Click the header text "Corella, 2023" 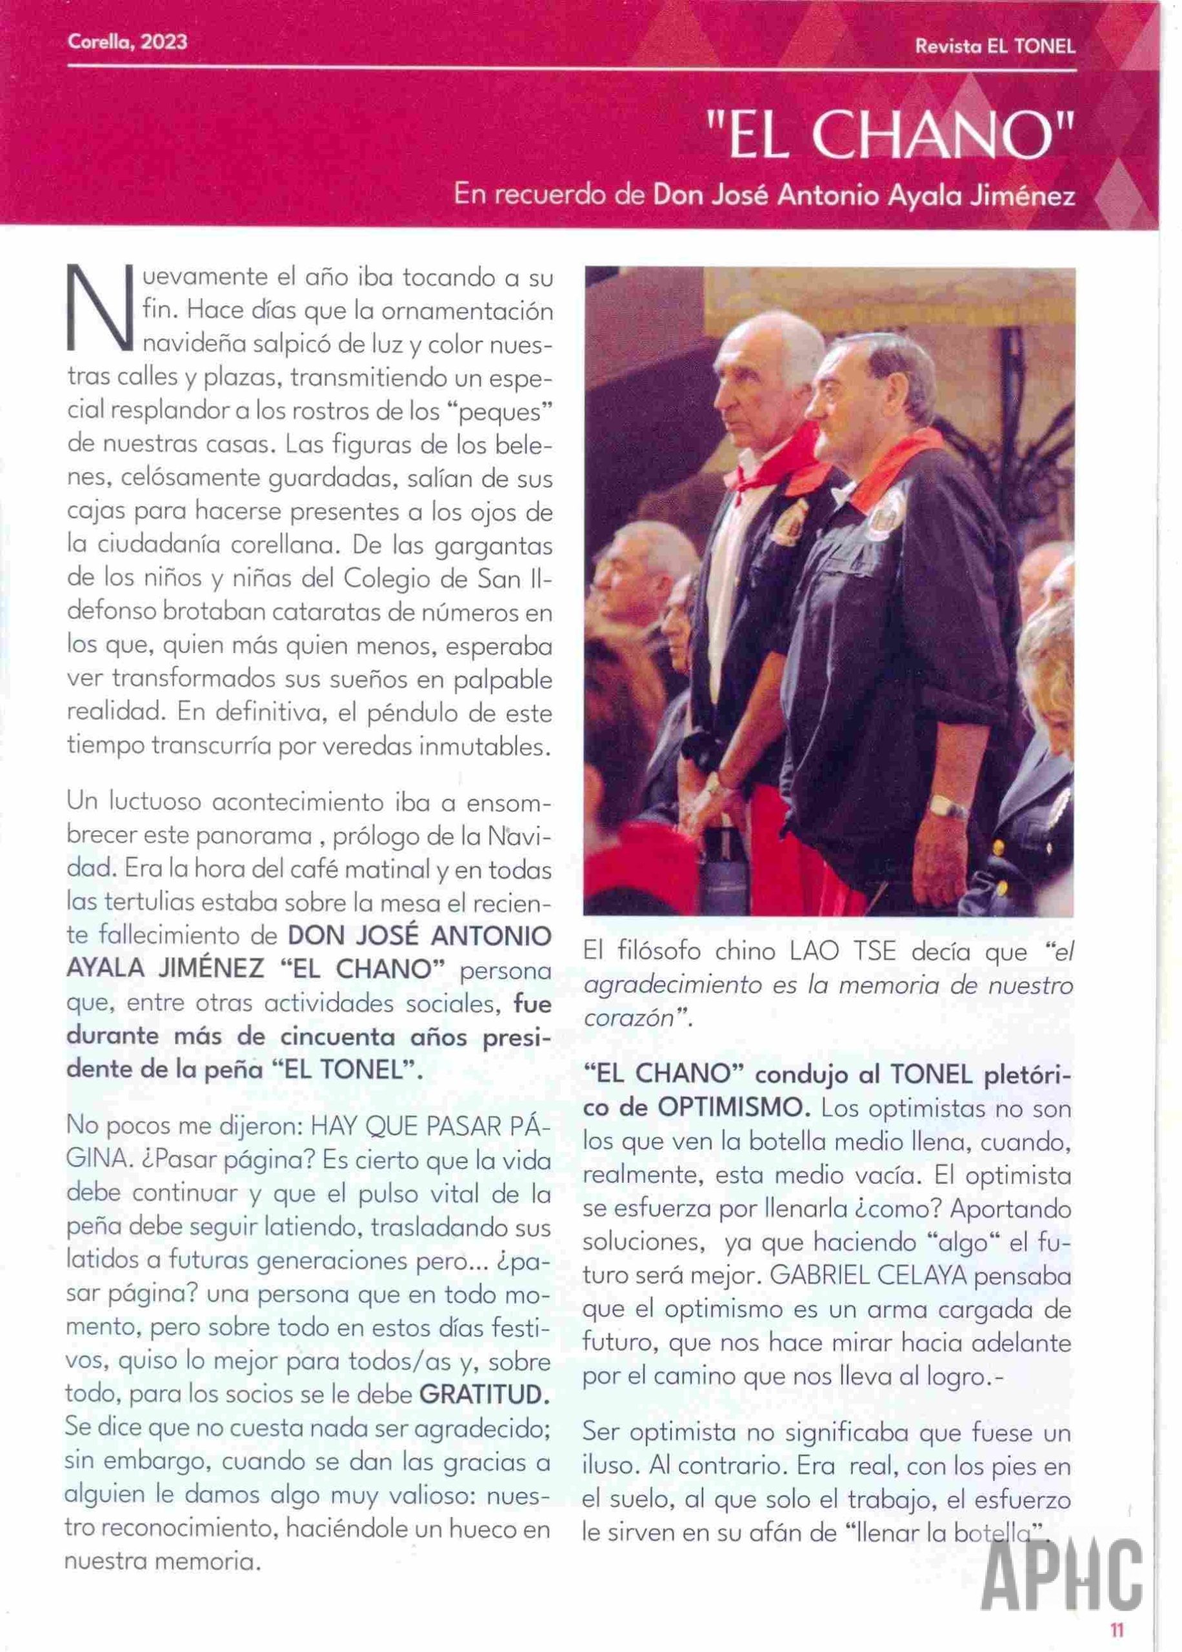(x=127, y=42)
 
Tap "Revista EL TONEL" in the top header (x=995, y=46)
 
